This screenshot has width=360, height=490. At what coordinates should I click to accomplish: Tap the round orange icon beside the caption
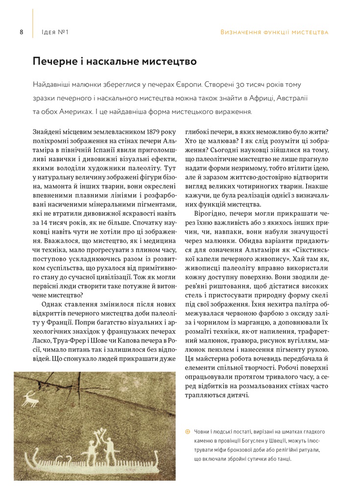coord(187,432)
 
